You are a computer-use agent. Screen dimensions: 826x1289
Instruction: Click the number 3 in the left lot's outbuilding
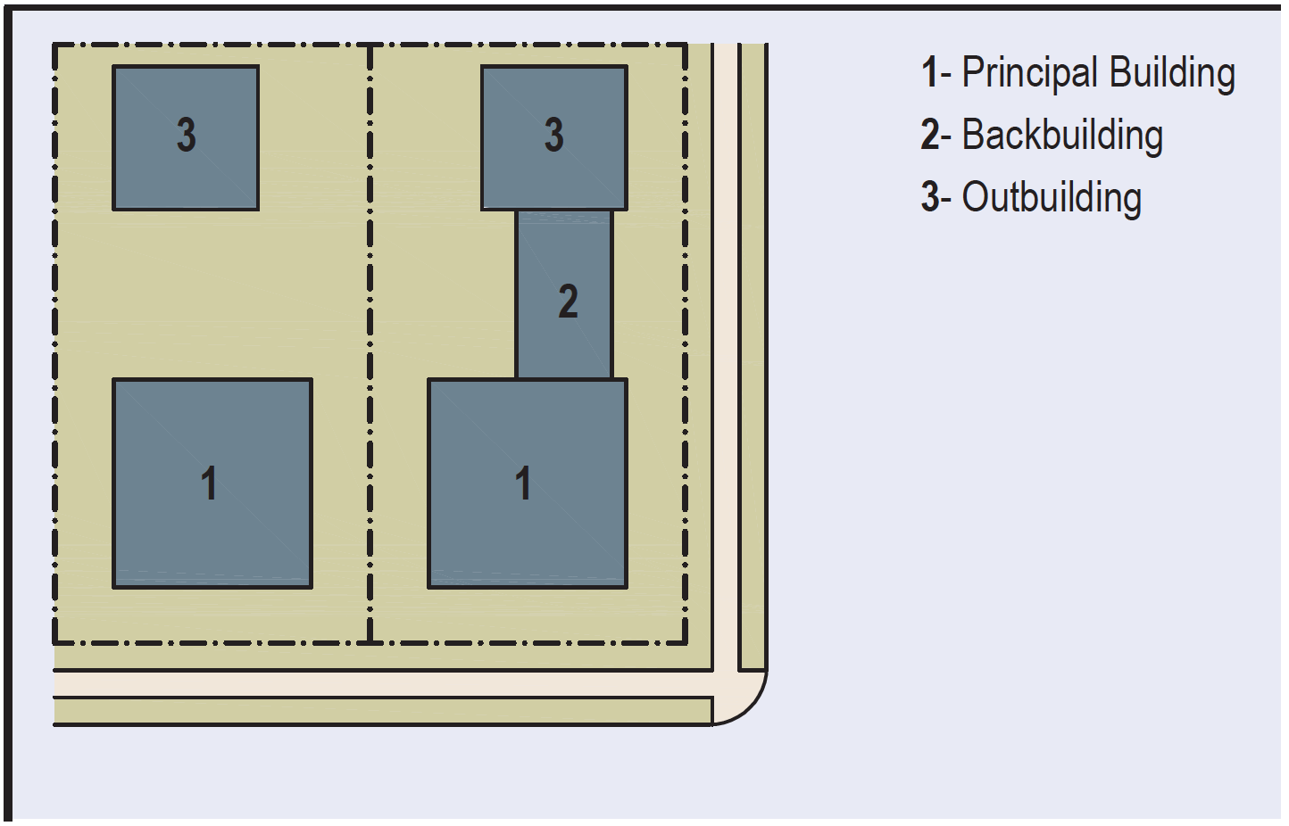(x=186, y=135)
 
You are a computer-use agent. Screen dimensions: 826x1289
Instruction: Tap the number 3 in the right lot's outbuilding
(x=554, y=135)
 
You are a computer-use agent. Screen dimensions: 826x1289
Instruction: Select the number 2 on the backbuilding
(x=568, y=301)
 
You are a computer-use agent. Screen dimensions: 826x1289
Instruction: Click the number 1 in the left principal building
(x=209, y=483)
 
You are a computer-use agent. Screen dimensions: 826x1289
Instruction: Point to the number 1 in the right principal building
(x=524, y=483)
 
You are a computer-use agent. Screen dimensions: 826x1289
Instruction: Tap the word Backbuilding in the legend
(x=1062, y=136)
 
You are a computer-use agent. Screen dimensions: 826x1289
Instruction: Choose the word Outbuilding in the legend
(x=1052, y=198)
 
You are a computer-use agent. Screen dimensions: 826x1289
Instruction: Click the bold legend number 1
(x=929, y=73)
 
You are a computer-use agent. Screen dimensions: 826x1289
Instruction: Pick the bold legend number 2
(x=929, y=136)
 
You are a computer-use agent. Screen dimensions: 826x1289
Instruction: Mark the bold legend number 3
(x=929, y=198)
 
